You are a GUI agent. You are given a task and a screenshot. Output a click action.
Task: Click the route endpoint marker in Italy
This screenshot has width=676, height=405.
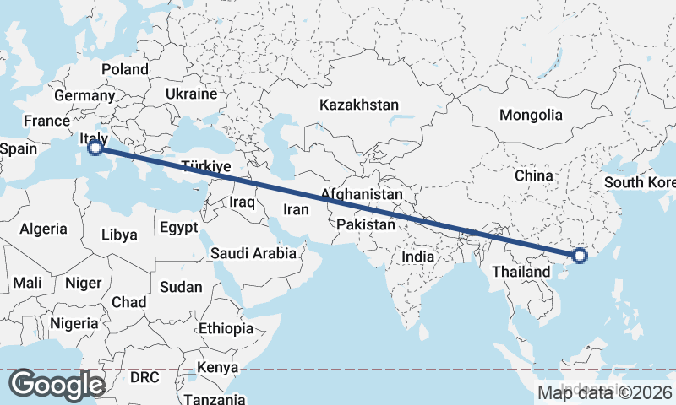click(x=95, y=148)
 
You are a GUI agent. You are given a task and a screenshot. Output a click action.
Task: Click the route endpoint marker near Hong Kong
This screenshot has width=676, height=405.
click(x=580, y=256)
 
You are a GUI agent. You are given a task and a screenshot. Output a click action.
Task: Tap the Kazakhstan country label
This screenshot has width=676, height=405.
click(x=358, y=105)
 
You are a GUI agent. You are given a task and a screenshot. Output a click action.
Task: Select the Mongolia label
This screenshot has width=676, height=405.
click(x=531, y=115)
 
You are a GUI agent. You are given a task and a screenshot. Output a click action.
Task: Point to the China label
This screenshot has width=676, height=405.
click(x=534, y=175)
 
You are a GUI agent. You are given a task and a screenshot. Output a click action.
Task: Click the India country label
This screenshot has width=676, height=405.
click(x=418, y=256)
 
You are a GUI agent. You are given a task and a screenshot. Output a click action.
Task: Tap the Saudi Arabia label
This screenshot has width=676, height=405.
click(x=253, y=252)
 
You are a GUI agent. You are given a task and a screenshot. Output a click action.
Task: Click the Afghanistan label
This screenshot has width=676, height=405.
click(x=361, y=195)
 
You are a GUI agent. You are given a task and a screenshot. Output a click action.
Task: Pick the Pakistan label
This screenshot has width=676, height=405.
click(x=365, y=225)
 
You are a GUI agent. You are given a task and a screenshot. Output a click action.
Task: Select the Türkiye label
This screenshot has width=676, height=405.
click(x=206, y=166)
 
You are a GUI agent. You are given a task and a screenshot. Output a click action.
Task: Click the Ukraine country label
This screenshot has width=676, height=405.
click(x=191, y=94)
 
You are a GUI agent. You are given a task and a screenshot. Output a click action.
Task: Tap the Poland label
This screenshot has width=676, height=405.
click(x=124, y=69)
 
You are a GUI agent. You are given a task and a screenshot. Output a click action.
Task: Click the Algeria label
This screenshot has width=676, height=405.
click(x=43, y=229)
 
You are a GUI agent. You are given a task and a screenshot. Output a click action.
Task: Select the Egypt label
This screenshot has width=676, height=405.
click(x=178, y=227)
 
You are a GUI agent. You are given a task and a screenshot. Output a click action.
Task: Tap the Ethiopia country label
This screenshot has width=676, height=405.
click(x=226, y=328)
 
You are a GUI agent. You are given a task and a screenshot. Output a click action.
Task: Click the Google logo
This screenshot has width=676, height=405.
click(x=57, y=384)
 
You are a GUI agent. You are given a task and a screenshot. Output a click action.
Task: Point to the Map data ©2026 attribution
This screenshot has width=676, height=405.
click(x=604, y=392)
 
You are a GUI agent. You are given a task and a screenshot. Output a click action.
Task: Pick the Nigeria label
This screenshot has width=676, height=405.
click(x=74, y=323)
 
